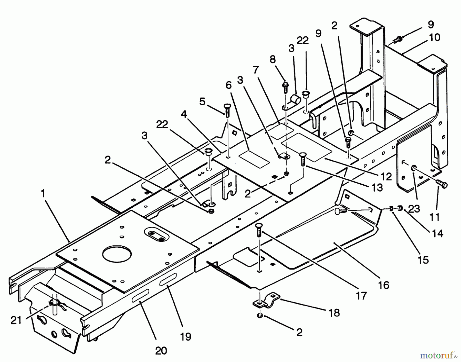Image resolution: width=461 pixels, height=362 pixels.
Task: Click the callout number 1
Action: [x=43, y=194]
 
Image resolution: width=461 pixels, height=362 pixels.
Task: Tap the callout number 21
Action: [x=16, y=320]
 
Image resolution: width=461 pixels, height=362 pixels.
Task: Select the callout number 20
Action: [x=161, y=350]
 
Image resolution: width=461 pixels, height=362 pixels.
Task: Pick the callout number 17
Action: [x=361, y=296]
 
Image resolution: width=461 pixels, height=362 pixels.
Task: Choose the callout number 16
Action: [x=383, y=285]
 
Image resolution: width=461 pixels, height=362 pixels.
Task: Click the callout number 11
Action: [x=434, y=217]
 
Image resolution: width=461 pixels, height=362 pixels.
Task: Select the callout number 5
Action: [x=202, y=102]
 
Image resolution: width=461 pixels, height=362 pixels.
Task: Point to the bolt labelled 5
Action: [x=227, y=110]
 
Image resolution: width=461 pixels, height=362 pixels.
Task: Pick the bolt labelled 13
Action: [x=302, y=160]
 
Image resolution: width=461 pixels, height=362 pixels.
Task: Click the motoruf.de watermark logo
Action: [x=438, y=355]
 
